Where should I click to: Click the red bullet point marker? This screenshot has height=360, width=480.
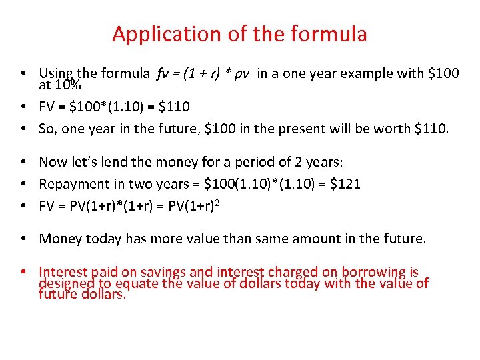tap(23, 272)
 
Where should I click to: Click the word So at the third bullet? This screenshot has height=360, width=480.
tap(47, 129)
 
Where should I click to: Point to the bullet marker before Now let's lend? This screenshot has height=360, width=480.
tap(23, 162)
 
